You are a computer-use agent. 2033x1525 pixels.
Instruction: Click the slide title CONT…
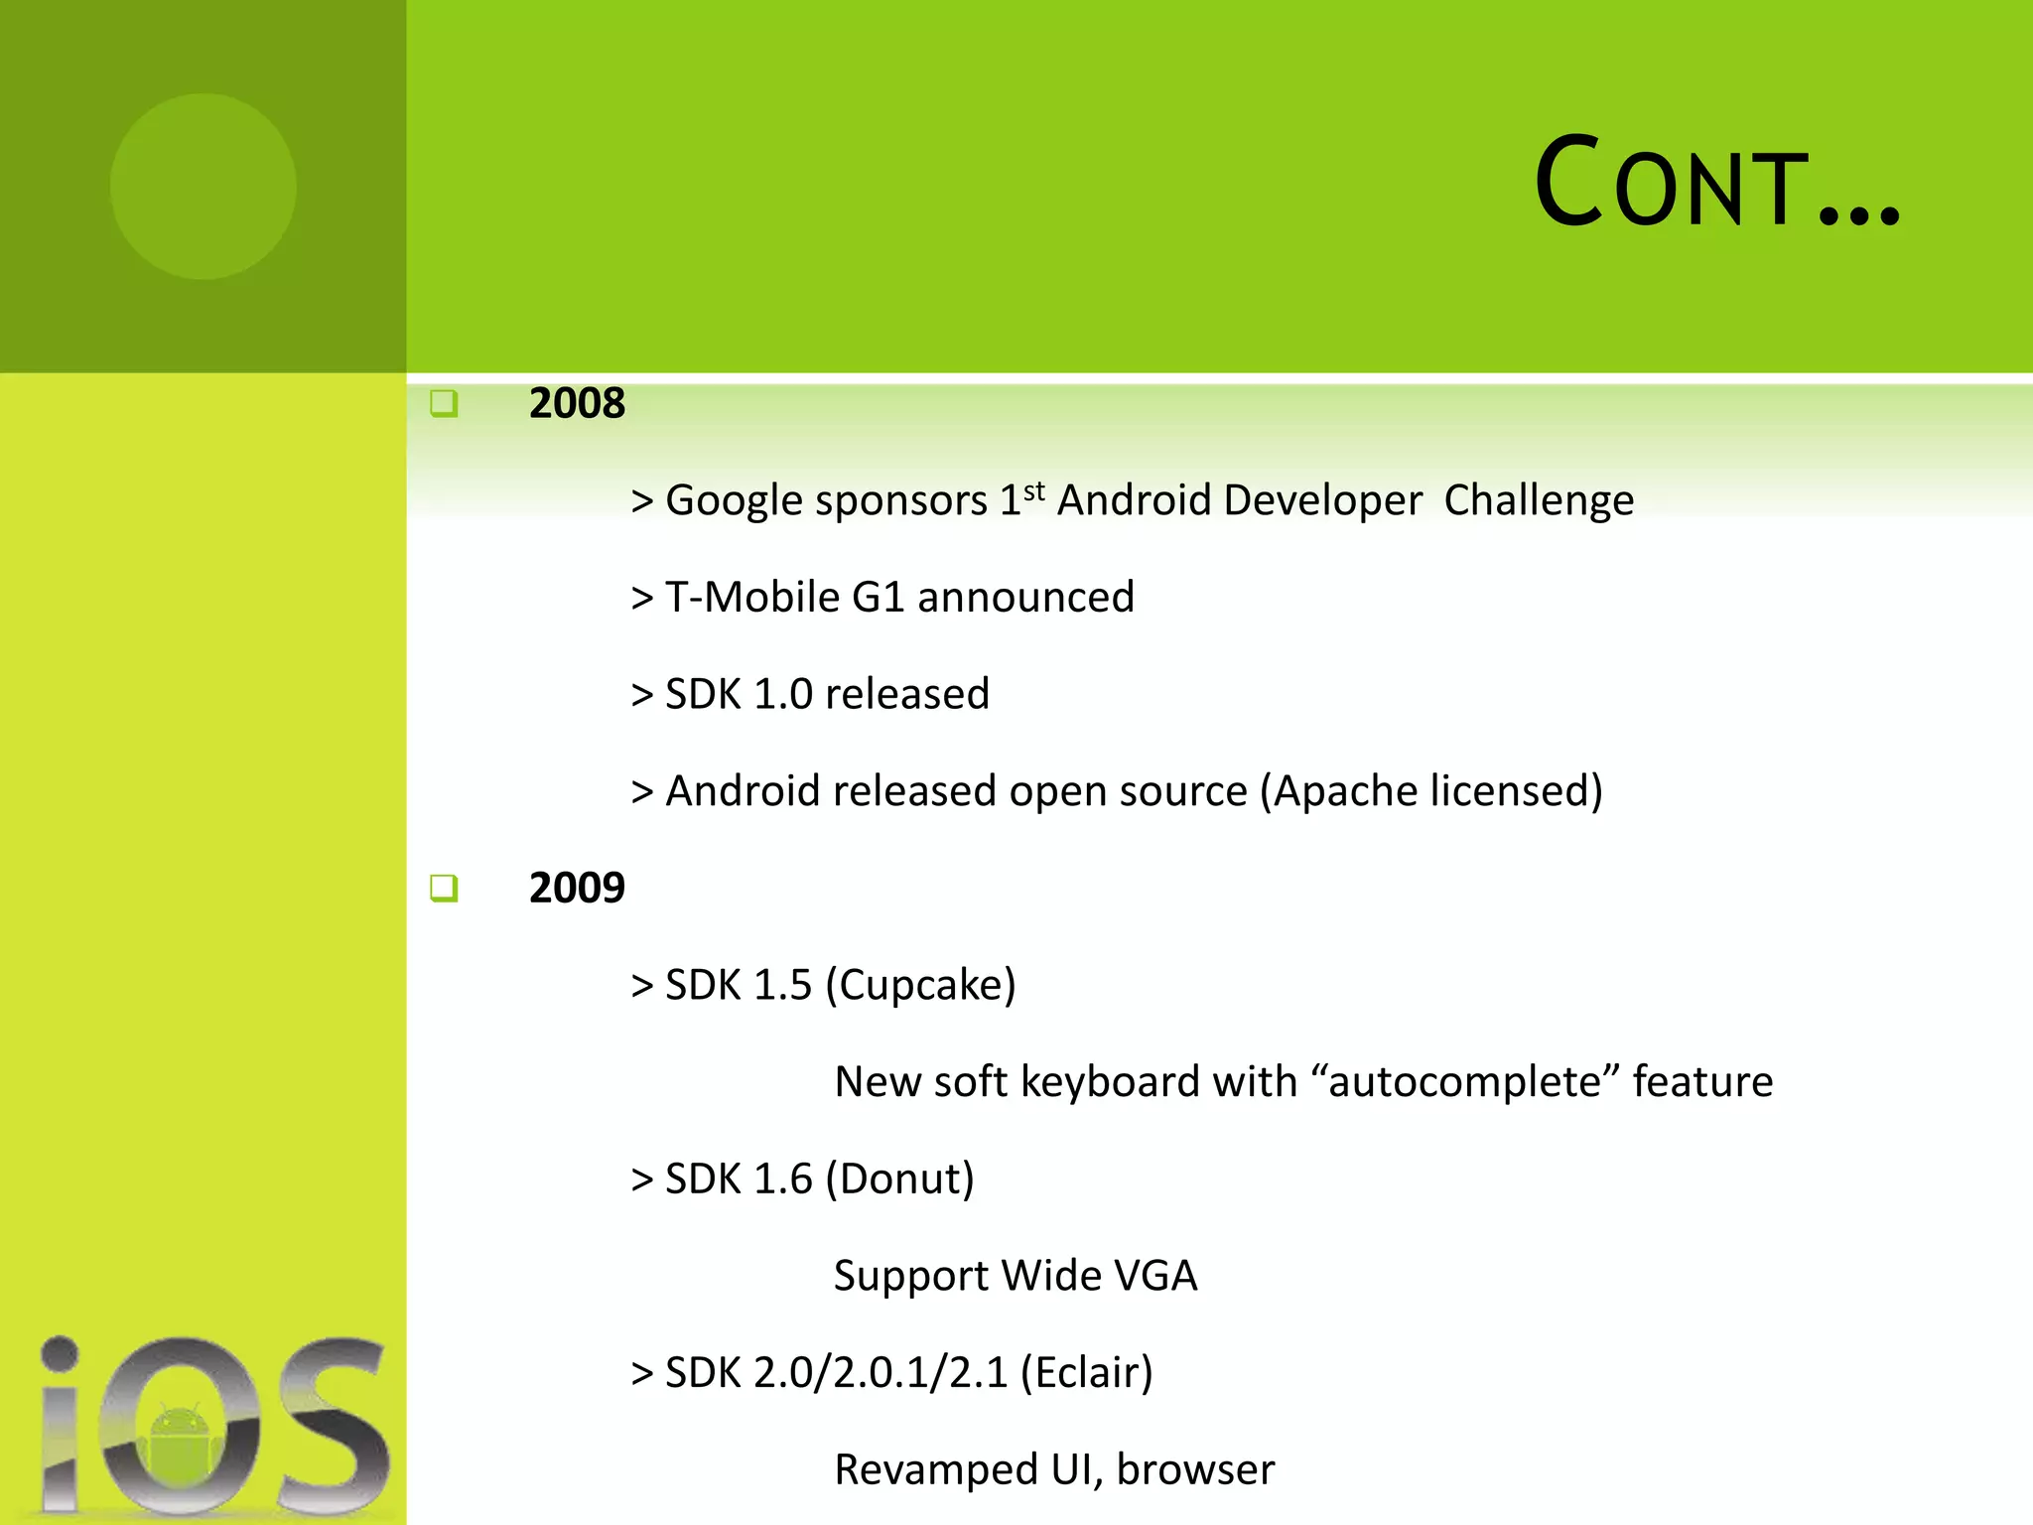1716,184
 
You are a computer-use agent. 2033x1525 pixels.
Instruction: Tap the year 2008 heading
577,403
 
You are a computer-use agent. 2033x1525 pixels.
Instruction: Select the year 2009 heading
577,888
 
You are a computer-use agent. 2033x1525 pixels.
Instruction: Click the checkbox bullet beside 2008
444,403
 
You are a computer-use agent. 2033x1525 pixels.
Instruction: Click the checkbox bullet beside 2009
444,888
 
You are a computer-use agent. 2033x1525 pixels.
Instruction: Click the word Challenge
1538,501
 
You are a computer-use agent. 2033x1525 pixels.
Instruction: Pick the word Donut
899,1179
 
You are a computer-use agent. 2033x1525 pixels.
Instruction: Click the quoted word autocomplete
1464,1082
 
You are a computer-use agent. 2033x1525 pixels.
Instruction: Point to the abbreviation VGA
1155,1276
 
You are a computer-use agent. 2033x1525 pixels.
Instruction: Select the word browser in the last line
1195,1470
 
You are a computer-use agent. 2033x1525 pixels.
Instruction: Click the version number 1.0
783,695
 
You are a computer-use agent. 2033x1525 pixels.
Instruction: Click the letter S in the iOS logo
333,1425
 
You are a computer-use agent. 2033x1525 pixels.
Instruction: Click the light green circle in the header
203,186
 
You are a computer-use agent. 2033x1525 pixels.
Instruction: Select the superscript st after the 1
1033,491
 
